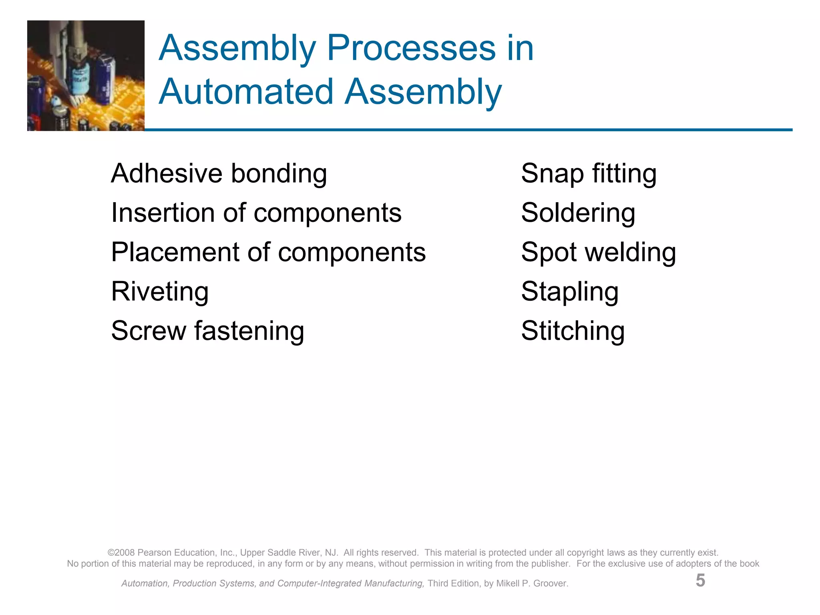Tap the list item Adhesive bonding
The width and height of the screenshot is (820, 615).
point(219,174)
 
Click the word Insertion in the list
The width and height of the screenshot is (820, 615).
point(163,213)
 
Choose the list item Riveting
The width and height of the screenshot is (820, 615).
point(160,291)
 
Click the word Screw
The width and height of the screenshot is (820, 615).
point(149,331)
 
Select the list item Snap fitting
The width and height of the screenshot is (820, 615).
point(589,174)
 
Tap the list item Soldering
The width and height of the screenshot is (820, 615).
point(578,213)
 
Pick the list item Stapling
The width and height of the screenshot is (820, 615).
point(570,291)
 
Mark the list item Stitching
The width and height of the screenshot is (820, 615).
point(573,331)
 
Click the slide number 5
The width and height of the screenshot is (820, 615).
point(700,581)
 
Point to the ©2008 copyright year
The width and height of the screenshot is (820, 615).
point(121,553)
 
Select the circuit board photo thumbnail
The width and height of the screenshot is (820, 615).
point(86,76)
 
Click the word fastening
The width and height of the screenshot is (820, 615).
point(249,331)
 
